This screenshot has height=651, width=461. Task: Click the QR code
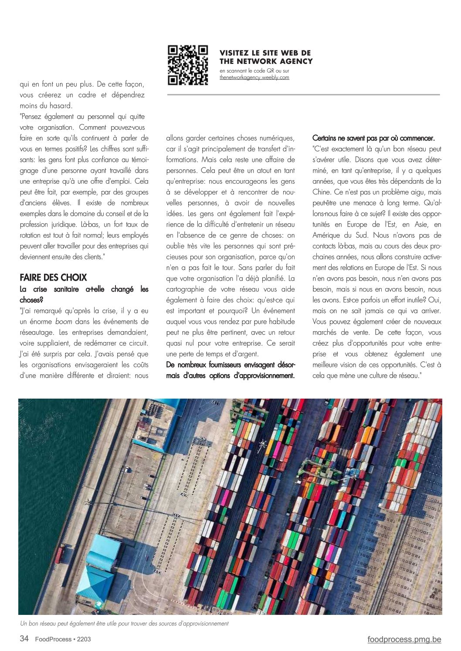pyautogui.click(x=188, y=64)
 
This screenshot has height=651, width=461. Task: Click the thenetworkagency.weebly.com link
pyautogui.click(x=254, y=77)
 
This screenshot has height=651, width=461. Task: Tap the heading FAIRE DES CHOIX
pyautogui.click(x=53, y=278)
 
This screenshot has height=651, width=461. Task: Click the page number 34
pyautogui.click(x=24, y=639)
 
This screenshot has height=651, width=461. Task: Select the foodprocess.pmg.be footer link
pyautogui.click(x=404, y=639)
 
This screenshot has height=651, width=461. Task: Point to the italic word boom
pyautogui.click(x=64, y=322)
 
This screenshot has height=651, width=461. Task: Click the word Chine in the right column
pyautogui.click(x=322, y=192)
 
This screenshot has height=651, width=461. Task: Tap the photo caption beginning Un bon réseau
pyautogui.click(x=124, y=624)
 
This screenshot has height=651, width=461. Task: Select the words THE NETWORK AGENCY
pyautogui.click(x=266, y=61)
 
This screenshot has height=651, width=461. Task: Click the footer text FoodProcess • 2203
pyautogui.click(x=63, y=639)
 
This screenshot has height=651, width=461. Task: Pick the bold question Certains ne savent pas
pyautogui.click(x=373, y=138)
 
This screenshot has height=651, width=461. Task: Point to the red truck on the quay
pyautogui.click(x=60, y=553)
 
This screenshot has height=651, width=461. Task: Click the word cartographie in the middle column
pyautogui.click(x=186, y=289)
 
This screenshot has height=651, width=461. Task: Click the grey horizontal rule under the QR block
pyautogui.click(x=303, y=94)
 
